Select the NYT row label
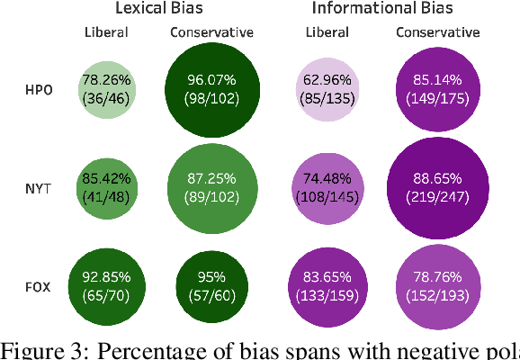coord(39,190)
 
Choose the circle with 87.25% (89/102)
coord(212,189)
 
